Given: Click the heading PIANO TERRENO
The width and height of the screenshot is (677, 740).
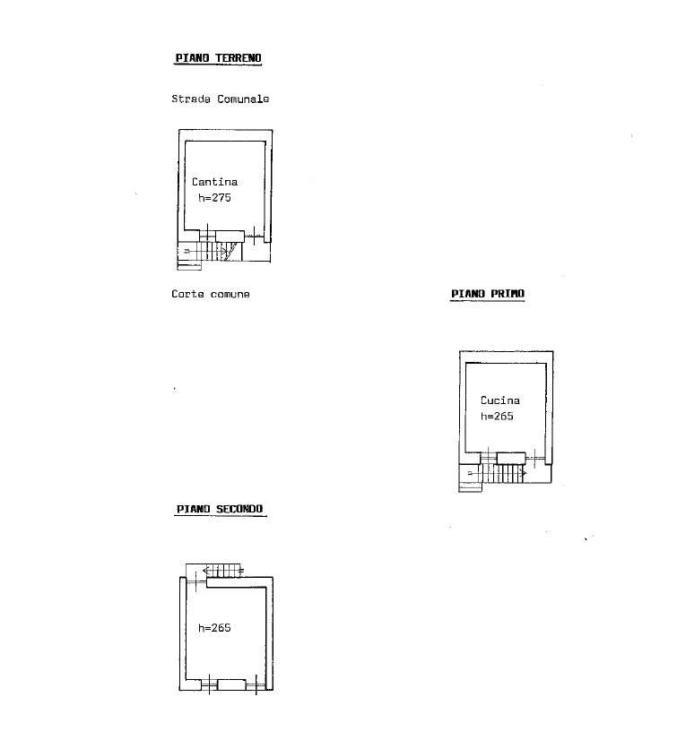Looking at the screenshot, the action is tap(218, 58).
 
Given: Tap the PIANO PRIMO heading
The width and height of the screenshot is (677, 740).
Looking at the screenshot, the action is tap(487, 293).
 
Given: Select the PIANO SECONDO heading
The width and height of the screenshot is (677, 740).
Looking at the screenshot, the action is tap(220, 509).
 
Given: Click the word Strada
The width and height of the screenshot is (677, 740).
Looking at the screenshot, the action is tap(191, 99).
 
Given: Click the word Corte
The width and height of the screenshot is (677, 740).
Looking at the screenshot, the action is tap(188, 294).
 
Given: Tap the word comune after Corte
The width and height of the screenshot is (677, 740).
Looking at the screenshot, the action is tap(230, 294).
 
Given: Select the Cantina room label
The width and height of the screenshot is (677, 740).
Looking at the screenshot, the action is tap(215, 182).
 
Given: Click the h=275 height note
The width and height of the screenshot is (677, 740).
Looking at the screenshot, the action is tap(214, 198).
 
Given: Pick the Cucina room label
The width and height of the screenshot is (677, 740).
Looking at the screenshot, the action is tap(499, 400).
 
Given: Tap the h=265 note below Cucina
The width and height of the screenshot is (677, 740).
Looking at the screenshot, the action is tap(497, 417).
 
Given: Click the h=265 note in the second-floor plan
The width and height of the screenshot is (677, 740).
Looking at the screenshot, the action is tap(214, 628).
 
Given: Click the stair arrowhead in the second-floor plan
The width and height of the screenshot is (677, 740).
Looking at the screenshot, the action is tap(205, 570).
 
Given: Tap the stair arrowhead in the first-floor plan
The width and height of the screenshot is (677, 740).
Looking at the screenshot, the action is tap(524, 471).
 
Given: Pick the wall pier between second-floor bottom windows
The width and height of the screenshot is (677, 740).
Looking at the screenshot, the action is tap(231, 684).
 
